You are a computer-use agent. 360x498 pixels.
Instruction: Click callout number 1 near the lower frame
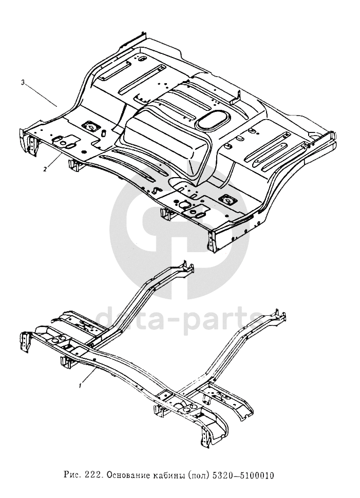pyautogui.click(x=80, y=384)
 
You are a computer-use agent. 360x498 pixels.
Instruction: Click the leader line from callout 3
pyautogui.click(x=41, y=94)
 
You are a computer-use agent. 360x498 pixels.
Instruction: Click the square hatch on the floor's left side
pyautogui.click(x=90, y=125)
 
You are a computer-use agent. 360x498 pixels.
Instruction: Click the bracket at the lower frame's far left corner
pyautogui.click(x=26, y=343)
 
